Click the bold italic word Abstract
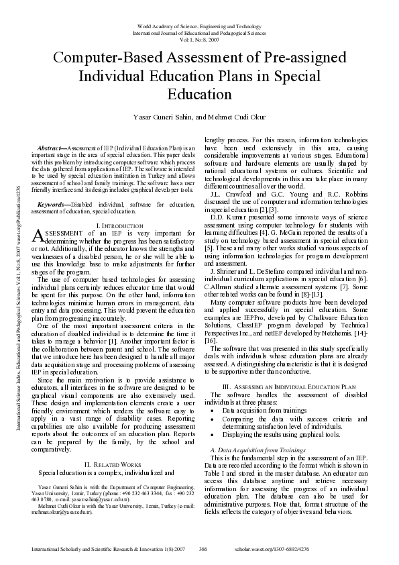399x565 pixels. coord(49,147)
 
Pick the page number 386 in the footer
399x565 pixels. coord(203,549)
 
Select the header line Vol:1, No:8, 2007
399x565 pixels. coord(199,38)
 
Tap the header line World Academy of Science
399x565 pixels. coord(199,23)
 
